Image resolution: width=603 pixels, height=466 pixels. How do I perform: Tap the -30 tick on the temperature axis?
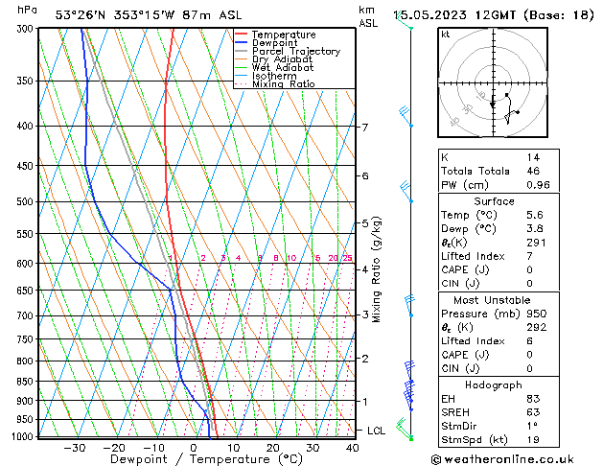tap(75, 447)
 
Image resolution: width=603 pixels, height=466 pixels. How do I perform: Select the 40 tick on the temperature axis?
tap(354, 447)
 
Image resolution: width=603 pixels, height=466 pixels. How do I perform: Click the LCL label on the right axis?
tap(376, 431)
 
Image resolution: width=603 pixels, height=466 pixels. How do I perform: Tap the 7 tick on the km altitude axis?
tap(365, 128)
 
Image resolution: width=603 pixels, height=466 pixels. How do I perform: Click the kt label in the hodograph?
tap(445, 35)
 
